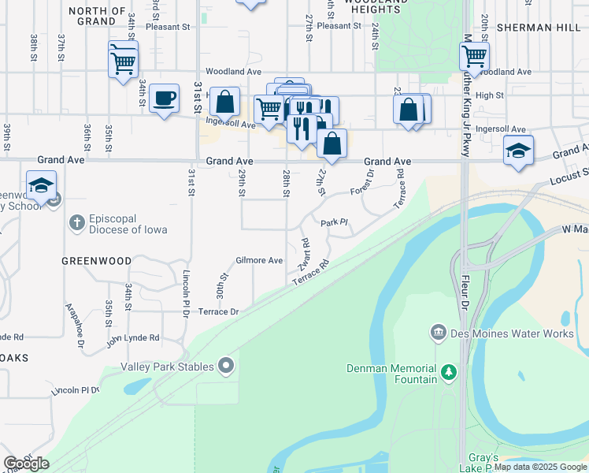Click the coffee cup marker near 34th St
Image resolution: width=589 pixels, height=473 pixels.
coord(164,99)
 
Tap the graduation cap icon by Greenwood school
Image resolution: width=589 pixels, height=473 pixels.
coord(41,186)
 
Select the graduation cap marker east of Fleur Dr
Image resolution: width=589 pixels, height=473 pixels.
coord(518,151)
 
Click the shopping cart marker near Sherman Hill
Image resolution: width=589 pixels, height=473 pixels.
coord(474,57)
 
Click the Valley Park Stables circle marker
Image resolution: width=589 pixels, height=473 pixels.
coord(227,365)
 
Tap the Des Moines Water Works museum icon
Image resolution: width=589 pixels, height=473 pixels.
coord(439,333)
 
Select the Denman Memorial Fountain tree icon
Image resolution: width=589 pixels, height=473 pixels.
coord(448,371)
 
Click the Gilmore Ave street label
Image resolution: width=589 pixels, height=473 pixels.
coord(259,260)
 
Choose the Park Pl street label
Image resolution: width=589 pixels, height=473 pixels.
coord(334,223)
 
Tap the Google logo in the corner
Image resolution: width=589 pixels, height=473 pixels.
coord(27,464)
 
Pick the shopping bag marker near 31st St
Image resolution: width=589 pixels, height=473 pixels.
coord(225,102)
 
